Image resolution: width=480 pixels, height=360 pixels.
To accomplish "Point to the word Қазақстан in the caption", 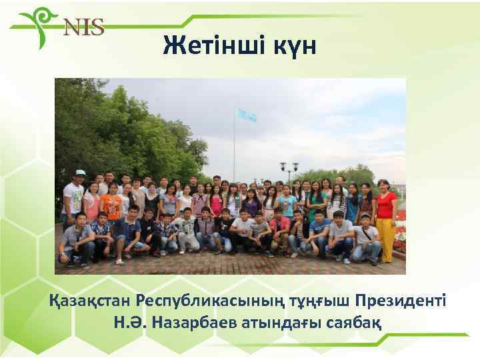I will [89, 299].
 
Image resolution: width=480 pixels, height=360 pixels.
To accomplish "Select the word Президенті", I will [404, 299].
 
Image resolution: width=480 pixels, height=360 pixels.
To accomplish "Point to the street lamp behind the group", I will [289, 171].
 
